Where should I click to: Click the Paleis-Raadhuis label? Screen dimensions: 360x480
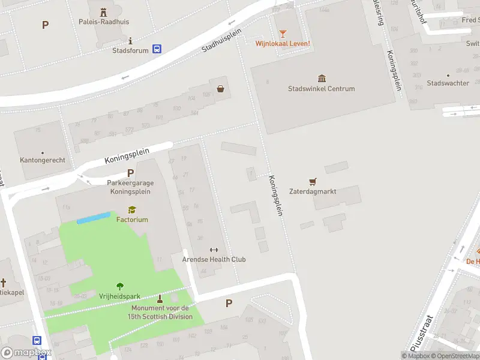104,22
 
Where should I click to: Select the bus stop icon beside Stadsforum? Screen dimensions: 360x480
157,50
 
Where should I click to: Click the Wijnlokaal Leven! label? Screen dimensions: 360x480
283,43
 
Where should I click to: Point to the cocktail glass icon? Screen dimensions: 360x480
283,33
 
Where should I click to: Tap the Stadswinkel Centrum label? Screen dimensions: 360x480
321,89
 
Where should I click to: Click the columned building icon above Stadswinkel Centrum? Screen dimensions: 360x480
322,78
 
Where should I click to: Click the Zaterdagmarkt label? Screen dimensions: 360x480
312,191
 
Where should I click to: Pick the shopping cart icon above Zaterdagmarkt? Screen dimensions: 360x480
312,181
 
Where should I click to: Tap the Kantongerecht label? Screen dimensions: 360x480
43,160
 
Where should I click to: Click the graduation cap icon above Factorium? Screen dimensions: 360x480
132,209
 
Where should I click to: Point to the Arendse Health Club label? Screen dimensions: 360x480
214,259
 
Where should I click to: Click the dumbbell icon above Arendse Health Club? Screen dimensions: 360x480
214,250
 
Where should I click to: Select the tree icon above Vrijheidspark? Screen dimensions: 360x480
120,286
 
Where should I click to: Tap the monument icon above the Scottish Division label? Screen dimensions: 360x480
160,298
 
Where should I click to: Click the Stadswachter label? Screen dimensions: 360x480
448,83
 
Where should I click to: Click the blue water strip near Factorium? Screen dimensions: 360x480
94,217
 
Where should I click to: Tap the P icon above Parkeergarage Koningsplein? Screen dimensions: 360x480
130,173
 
